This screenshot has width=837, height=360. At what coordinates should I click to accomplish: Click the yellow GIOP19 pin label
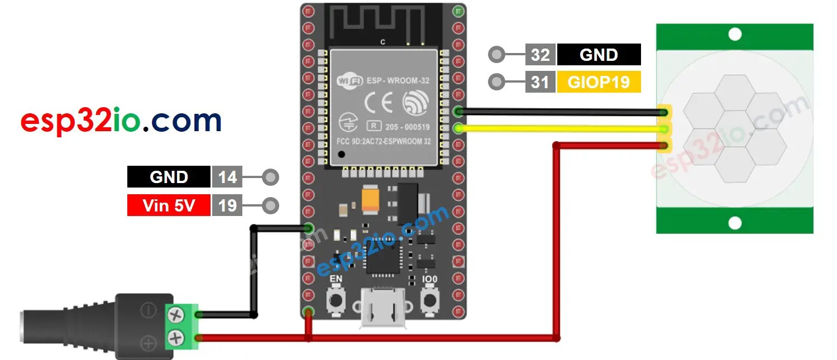coord(599,83)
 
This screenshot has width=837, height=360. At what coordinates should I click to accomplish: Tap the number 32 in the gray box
coord(540,55)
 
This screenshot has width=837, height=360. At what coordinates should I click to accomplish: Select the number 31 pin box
coord(540,83)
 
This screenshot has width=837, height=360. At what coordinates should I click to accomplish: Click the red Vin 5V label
coord(169,205)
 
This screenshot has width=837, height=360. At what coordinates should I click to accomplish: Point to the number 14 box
coord(227,177)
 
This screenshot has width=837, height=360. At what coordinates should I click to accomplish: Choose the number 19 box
coord(227,205)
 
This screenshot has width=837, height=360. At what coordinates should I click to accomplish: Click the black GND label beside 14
coord(169,177)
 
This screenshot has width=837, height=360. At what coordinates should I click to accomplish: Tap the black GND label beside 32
coord(599,55)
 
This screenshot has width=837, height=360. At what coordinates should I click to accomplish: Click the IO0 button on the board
coord(430,300)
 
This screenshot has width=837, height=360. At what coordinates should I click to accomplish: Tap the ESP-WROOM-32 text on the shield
coord(398,80)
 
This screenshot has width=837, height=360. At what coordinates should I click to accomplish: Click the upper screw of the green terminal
coord(176,315)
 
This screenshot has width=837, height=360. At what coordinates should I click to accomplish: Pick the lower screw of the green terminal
coord(176,337)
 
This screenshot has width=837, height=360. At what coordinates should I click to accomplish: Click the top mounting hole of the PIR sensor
coord(735,35)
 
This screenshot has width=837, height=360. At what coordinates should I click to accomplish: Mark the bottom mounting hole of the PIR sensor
coord(735,223)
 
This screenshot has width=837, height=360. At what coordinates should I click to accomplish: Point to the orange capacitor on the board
coord(371,199)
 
